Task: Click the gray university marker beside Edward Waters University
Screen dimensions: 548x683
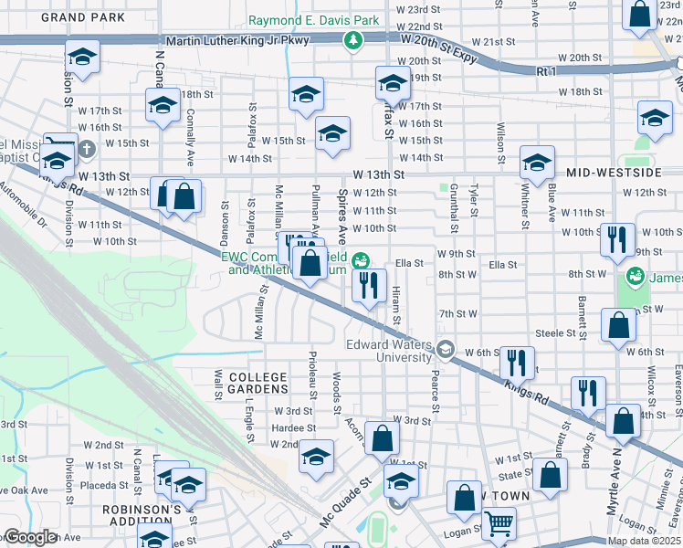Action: (444, 348)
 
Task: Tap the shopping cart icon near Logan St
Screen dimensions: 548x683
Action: (499, 523)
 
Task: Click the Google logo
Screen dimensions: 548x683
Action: (30, 537)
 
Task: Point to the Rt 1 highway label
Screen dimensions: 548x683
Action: (546, 70)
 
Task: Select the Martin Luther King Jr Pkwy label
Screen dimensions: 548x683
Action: (237, 41)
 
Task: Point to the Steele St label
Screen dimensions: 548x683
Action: (553, 333)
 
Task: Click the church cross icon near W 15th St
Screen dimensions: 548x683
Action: (86, 148)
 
